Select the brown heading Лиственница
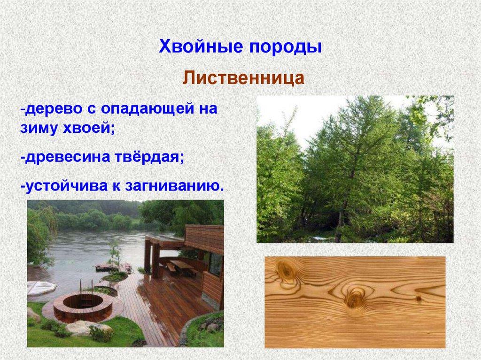243,77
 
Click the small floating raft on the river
106,268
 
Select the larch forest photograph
355,169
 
